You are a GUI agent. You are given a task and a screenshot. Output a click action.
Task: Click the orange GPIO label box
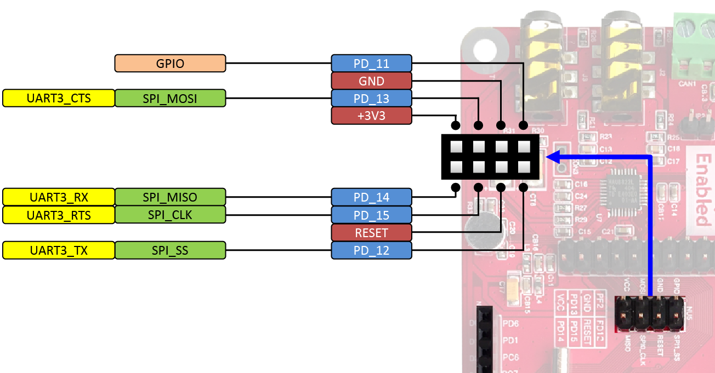170,64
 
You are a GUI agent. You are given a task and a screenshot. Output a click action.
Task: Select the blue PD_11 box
371,64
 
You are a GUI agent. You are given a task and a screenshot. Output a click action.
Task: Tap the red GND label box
371,81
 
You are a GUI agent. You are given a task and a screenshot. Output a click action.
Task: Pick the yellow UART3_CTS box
59,99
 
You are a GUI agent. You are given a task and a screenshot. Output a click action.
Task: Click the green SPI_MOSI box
170,99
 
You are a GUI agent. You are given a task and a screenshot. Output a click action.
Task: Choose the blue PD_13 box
371,99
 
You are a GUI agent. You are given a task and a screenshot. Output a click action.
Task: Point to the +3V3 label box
371,116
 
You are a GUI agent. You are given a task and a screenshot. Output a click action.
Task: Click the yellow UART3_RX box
59,197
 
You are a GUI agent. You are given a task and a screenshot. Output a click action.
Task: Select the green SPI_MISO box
170,197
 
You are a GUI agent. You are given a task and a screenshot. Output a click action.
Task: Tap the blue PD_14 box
371,197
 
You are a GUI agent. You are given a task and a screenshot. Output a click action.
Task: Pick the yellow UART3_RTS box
59,215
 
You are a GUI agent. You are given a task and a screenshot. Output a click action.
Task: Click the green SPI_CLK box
170,215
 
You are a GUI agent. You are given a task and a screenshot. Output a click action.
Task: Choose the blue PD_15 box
371,215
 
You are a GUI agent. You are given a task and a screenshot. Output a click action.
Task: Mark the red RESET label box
371,233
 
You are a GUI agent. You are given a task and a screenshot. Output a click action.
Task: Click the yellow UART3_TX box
59,251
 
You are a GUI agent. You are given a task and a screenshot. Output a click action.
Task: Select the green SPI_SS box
170,251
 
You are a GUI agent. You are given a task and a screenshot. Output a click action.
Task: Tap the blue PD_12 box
371,251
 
